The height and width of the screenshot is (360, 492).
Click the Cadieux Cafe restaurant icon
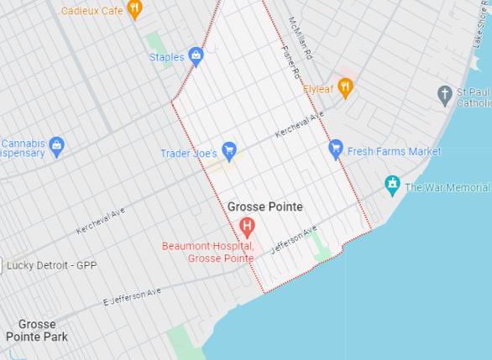tap(135, 10)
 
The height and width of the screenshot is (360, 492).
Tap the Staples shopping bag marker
tap(196, 56)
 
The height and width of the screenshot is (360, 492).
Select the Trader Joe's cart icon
tap(229, 151)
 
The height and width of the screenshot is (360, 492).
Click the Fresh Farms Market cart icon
tap(336, 149)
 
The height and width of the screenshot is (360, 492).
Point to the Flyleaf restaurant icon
tap(344, 88)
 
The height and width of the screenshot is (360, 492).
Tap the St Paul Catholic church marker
tap(445, 94)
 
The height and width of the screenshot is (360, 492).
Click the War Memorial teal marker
tap(391, 185)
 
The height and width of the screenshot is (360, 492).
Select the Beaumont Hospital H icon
tap(247, 225)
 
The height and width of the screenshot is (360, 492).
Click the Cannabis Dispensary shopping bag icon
tap(56, 146)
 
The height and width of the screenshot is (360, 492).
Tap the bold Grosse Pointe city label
tap(265, 206)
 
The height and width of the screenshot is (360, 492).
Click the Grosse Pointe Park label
tap(36, 330)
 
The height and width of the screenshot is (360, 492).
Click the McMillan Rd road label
tap(299, 38)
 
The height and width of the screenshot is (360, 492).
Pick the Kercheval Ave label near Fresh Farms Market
tap(300, 128)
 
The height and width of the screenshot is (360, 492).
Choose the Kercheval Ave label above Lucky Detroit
tap(101, 220)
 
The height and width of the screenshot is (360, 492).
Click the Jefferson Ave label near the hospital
tap(294, 239)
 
